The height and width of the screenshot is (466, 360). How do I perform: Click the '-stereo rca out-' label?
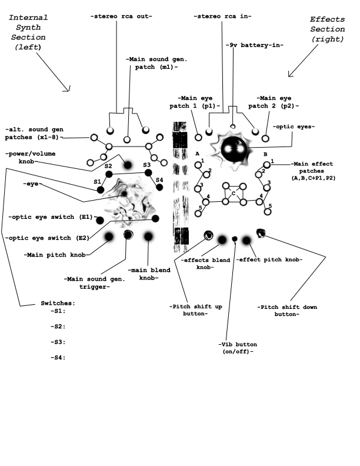click(x=121, y=16)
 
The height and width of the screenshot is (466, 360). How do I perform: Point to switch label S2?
click(x=108, y=167)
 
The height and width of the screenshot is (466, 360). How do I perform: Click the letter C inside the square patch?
click(x=233, y=194)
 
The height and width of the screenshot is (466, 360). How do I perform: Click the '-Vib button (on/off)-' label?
click(x=236, y=347)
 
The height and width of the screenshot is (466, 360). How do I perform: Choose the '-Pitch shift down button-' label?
click(x=279, y=310)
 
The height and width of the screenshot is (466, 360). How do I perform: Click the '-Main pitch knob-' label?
click(x=50, y=255)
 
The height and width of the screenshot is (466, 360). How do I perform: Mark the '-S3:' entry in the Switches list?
click(x=58, y=342)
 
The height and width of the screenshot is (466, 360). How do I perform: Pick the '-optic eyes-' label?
click(x=294, y=127)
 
